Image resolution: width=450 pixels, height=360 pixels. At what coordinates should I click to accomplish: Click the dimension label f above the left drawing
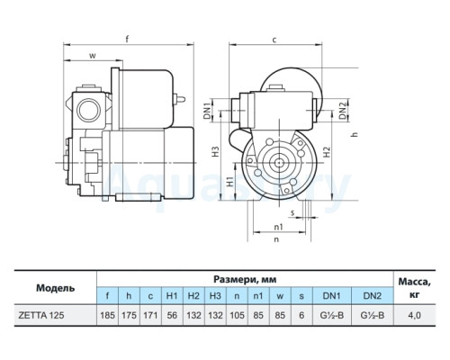click(x=127, y=40)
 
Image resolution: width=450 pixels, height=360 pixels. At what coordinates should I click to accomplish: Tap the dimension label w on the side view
click(x=93, y=56)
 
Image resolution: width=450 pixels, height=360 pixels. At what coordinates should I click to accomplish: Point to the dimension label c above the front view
click(x=274, y=40)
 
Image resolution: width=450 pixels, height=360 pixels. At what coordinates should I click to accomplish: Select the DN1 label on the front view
click(x=207, y=111)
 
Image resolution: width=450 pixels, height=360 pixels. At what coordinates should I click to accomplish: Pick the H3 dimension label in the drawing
click(x=215, y=151)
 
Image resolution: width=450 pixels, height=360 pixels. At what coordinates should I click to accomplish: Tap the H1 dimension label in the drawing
click(x=229, y=181)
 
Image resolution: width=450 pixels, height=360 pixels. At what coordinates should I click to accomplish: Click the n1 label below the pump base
click(x=279, y=227)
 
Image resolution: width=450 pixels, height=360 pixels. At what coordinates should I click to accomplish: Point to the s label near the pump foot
click(x=292, y=212)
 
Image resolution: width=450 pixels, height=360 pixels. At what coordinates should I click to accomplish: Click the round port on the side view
click(x=88, y=110)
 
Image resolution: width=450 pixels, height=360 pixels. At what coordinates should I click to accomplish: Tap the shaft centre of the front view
click(x=279, y=163)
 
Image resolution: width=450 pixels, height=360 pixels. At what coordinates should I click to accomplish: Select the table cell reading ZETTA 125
click(x=41, y=315)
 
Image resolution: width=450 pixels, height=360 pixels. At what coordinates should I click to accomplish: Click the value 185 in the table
click(x=107, y=315)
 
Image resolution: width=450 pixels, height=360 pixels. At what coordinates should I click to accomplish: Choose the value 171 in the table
click(x=150, y=315)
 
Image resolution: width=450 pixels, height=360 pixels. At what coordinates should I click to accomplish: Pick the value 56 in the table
click(x=172, y=315)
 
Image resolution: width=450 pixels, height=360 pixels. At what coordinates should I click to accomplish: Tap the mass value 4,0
click(x=414, y=315)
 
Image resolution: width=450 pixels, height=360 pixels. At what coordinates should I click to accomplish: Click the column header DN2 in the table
click(x=373, y=296)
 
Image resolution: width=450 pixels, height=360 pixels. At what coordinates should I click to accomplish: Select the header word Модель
click(x=56, y=288)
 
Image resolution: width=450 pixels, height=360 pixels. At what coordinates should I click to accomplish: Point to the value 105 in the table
click(x=237, y=315)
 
